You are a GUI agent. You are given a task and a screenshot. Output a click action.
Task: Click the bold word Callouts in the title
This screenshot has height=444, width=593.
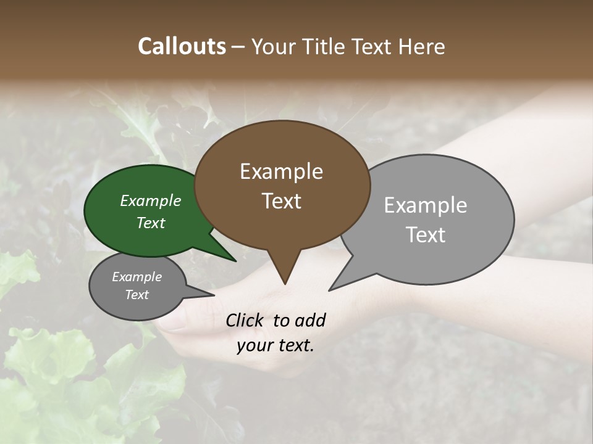coord(182,46)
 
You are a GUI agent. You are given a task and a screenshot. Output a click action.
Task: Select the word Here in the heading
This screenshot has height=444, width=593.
coord(423,46)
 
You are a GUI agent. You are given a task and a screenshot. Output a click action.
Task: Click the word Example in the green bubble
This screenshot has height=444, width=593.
coord(151,200)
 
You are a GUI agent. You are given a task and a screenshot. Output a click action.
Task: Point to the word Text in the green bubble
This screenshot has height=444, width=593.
coord(151,223)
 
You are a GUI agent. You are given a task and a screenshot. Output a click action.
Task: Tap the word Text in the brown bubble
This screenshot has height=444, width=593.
coord(282,200)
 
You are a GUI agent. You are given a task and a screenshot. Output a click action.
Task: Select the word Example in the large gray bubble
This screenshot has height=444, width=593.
coord(426,205)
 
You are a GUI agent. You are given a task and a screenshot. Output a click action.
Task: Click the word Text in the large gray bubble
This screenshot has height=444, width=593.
coord(426,234)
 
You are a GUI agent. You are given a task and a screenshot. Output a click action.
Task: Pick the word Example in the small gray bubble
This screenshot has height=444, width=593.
coord(137,277)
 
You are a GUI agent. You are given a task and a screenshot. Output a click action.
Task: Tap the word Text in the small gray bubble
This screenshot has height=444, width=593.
coord(137,295)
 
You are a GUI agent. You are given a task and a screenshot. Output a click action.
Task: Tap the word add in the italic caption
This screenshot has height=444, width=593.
coord(310,320)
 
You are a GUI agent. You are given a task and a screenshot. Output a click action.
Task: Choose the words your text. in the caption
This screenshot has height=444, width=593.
coord(275,345)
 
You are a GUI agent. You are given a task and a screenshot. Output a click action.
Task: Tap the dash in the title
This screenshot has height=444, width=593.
coord(239,46)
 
